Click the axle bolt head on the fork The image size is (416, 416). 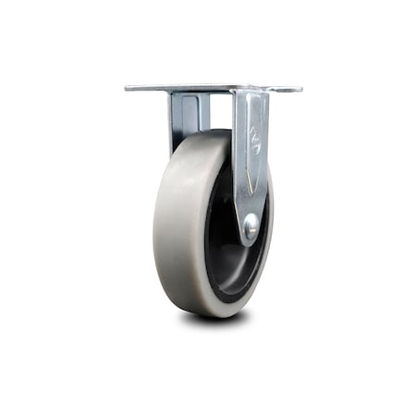(250, 224)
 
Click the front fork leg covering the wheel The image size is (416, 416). (251, 166)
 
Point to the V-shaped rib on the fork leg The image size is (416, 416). (250, 185)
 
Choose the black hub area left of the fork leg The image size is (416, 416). (220, 222)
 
